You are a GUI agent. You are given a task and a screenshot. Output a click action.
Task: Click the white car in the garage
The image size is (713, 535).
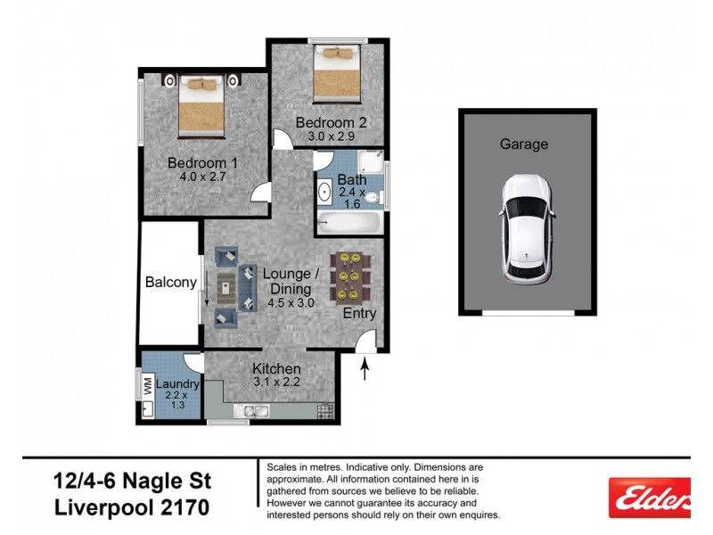point(527,227)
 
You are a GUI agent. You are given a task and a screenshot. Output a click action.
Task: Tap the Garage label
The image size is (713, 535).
point(523,144)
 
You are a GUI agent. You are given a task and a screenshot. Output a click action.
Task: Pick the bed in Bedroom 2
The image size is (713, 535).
point(335,73)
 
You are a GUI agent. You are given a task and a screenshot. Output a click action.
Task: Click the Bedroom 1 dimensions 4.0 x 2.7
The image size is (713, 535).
point(202,177)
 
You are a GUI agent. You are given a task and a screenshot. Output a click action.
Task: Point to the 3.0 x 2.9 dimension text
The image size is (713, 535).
point(332,136)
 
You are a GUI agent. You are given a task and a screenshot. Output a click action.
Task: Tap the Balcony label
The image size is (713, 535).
point(170,283)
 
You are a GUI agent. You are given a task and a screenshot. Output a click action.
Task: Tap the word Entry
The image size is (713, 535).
point(360,314)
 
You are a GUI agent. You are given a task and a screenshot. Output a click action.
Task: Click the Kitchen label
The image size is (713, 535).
point(276,369)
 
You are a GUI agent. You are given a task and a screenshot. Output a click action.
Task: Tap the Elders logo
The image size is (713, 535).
point(649,496)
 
